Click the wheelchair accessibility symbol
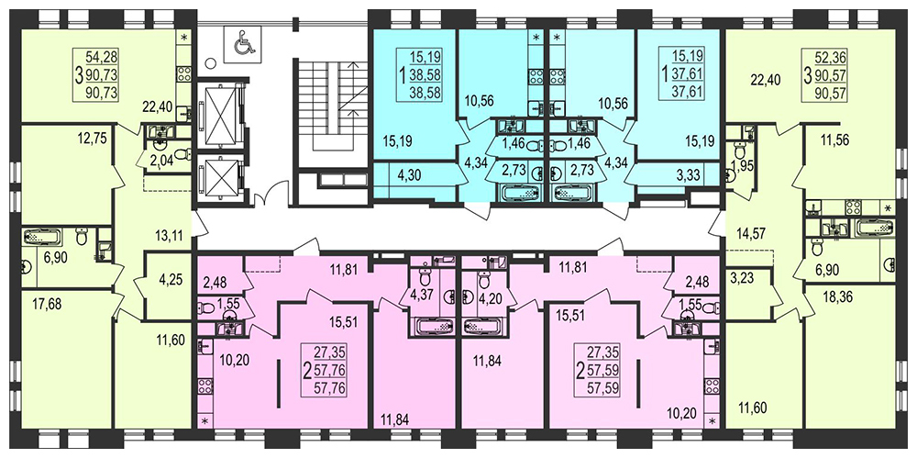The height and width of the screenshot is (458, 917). click(x=246, y=43)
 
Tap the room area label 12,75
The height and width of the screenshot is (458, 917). click(x=91, y=139)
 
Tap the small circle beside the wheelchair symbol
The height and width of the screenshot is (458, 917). click(x=212, y=62)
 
